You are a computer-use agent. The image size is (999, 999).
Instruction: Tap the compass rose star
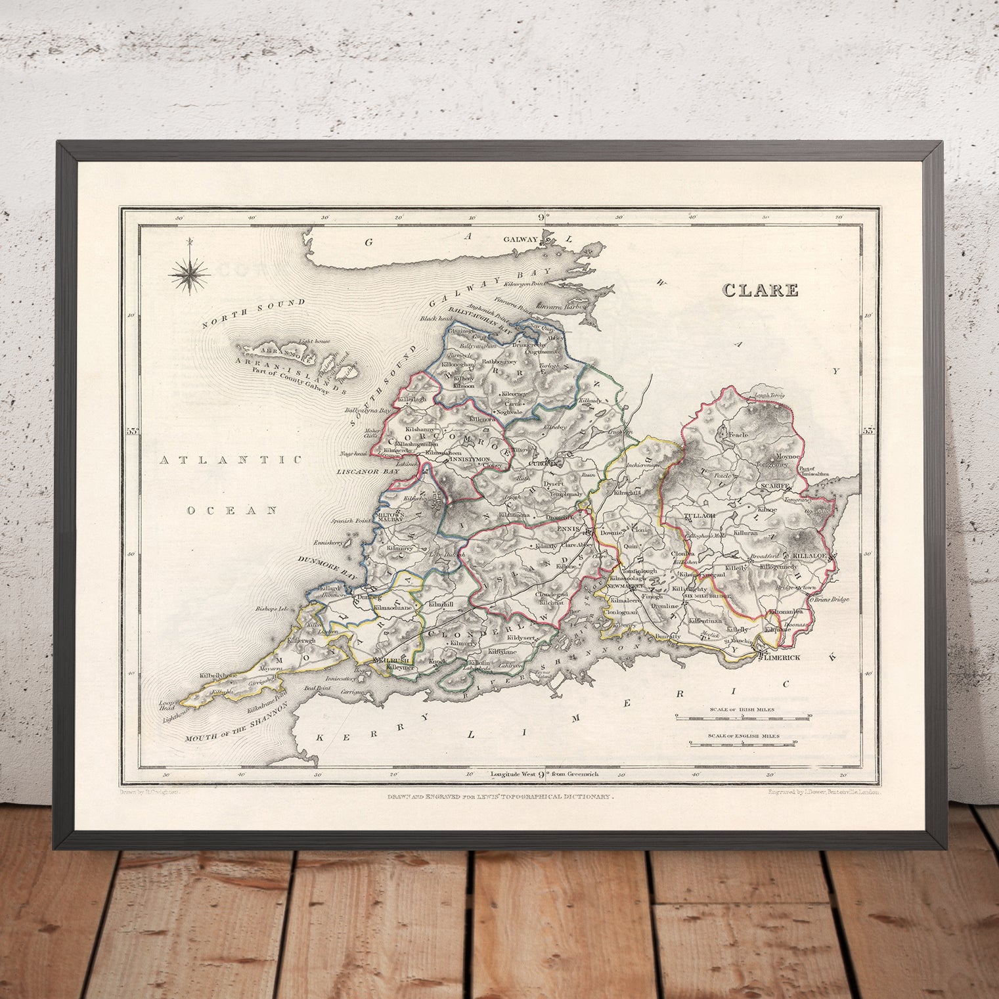(189, 275)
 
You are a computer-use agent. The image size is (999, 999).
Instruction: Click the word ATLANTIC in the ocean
(231, 460)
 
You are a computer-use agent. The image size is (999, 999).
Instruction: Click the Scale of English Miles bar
(743, 744)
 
